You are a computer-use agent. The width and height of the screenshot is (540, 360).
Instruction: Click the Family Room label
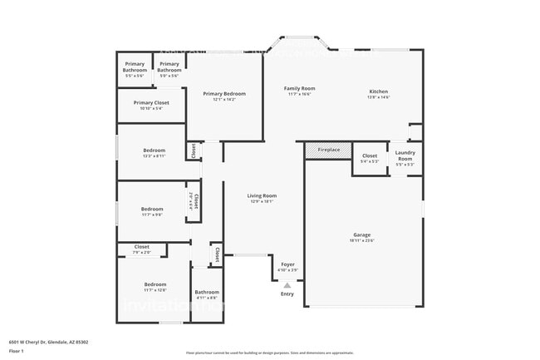[299, 88]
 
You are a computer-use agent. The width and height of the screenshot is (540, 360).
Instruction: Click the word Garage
[362, 235]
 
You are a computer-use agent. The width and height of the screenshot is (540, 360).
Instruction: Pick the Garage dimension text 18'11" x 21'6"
[362, 241]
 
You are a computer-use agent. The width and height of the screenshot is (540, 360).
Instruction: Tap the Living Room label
[261, 195]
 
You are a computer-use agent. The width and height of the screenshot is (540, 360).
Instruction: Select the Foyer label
[287, 264]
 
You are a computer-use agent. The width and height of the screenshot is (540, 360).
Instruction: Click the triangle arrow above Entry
[287, 284]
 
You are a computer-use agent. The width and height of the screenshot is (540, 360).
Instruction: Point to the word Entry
[287, 293]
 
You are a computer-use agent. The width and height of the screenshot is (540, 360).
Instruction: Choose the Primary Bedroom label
[225, 94]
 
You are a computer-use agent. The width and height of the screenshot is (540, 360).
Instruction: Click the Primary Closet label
[150, 103]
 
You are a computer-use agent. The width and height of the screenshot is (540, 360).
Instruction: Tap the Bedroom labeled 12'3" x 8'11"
[152, 150]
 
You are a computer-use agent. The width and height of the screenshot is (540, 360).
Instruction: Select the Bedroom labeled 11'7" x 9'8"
[152, 209]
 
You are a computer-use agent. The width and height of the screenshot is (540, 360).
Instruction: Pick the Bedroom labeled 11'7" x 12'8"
[155, 284]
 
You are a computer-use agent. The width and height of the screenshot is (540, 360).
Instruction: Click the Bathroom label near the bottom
[207, 292]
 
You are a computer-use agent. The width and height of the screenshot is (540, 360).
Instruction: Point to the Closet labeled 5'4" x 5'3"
[370, 155]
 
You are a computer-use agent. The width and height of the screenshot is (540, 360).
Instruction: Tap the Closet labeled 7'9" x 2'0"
[142, 247]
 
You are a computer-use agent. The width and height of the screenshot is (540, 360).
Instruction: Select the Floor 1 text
[17, 352]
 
